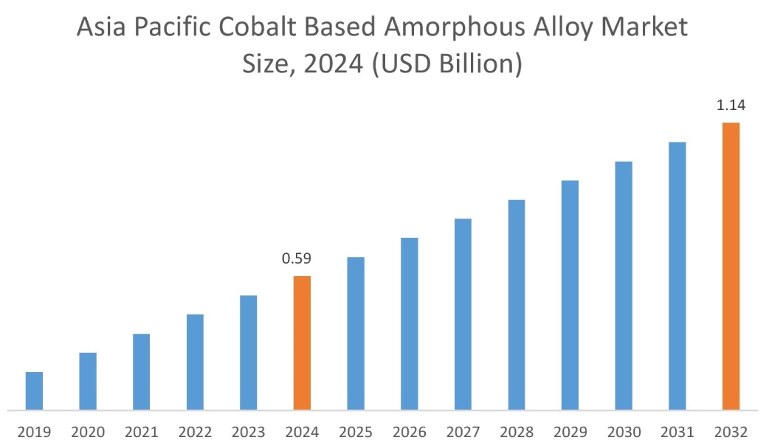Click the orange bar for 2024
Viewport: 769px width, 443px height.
(x=302, y=343)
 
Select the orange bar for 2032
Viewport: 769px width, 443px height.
(x=731, y=266)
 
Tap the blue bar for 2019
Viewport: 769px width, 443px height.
(x=34, y=391)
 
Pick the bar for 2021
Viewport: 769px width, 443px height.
(x=141, y=371)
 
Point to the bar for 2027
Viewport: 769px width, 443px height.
(x=463, y=314)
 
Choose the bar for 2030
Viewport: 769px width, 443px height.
(x=624, y=285)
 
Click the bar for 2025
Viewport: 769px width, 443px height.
(x=356, y=333)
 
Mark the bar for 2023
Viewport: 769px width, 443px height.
(x=248, y=352)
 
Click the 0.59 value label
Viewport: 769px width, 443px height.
(x=297, y=259)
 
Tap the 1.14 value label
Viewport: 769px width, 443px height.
(x=731, y=106)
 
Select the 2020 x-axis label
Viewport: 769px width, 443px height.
(x=88, y=432)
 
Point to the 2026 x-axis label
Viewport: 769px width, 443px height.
(x=409, y=432)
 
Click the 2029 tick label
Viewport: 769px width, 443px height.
(x=570, y=432)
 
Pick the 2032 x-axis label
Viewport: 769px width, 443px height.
(x=731, y=432)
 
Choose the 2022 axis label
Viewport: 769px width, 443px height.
(x=195, y=432)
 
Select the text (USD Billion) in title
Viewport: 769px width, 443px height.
(x=447, y=64)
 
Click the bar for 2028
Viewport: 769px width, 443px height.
(x=517, y=304)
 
